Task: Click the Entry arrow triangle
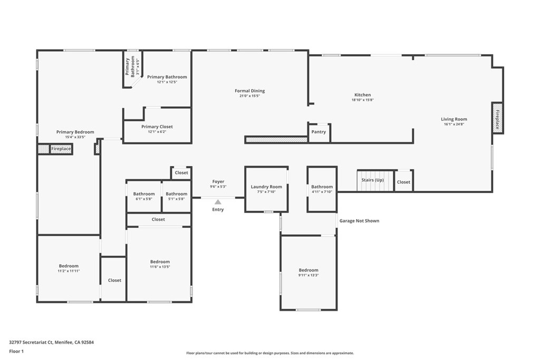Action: click(x=218, y=202)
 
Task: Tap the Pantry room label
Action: click(x=319, y=132)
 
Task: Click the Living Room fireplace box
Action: click(x=497, y=118)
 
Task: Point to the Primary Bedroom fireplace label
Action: click(x=61, y=149)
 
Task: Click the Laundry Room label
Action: click(x=266, y=187)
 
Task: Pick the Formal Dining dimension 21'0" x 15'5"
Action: click(x=249, y=96)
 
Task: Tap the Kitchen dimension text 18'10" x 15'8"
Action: click(x=363, y=100)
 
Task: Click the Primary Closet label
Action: click(x=157, y=127)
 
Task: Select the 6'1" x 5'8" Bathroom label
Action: click(x=144, y=194)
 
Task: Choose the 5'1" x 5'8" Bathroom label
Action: click(x=176, y=194)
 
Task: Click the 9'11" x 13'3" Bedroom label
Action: click(x=308, y=270)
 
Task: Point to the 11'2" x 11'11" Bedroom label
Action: click(x=69, y=266)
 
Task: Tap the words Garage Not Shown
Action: click(x=359, y=221)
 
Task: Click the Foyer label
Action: click(x=218, y=181)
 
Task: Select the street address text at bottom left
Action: click(x=51, y=343)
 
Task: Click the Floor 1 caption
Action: click(x=16, y=352)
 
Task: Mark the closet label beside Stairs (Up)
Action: click(x=403, y=182)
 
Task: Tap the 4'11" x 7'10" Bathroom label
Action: click(x=322, y=187)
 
